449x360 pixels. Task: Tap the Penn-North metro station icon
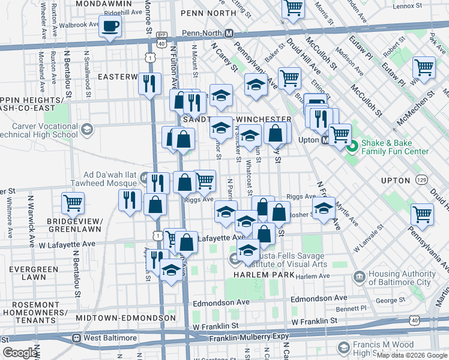(237, 35)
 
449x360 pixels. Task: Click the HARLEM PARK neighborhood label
(262, 275)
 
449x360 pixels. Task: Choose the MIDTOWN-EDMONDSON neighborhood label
(127, 317)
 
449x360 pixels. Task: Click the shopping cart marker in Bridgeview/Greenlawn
(73, 203)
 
